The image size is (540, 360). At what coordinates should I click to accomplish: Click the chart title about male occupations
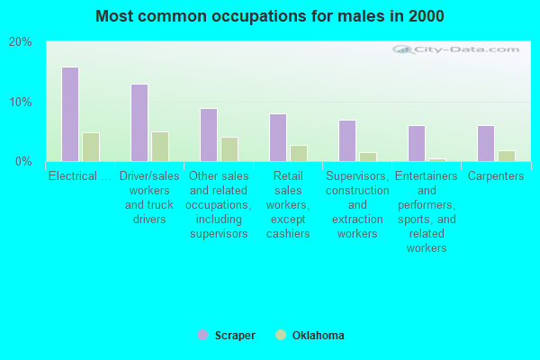tap(269, 16)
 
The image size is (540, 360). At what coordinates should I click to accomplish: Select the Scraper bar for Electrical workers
tap(70, 114)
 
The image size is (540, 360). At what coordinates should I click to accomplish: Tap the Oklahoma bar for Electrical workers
tap(91, 147)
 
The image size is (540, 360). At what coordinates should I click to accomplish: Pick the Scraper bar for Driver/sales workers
tap(139, 122)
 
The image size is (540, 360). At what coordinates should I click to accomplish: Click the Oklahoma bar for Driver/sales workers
tap(160, 147)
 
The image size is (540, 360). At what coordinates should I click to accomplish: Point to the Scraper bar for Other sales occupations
tap(209, 135)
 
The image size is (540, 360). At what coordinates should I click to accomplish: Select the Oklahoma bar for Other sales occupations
tap(229, 149)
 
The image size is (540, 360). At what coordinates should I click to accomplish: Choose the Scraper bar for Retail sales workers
tap(278, 138)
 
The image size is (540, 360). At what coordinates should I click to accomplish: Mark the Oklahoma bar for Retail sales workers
tap(299, 153)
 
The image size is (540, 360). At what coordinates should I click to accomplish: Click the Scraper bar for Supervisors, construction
tap(347, 140)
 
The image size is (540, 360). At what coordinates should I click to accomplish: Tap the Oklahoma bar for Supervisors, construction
tap(368, 157)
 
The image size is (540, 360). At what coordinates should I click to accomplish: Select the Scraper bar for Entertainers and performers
tap(417, 143)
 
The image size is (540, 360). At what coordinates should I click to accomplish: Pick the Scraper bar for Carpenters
tap(486, 143)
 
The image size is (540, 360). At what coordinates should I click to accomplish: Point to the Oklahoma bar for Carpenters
tap(507, 156)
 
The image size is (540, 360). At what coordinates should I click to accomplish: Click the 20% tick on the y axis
tap(20, 42)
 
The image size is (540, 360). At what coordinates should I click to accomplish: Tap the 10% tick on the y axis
tap(20, 102)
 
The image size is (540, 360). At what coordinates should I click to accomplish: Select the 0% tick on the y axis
tap(23, 161)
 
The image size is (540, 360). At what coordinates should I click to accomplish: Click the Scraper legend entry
tap(227, 336)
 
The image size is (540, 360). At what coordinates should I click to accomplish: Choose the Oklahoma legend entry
tap(310, 336)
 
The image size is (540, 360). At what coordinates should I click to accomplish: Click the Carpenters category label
tap(497, 176)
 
